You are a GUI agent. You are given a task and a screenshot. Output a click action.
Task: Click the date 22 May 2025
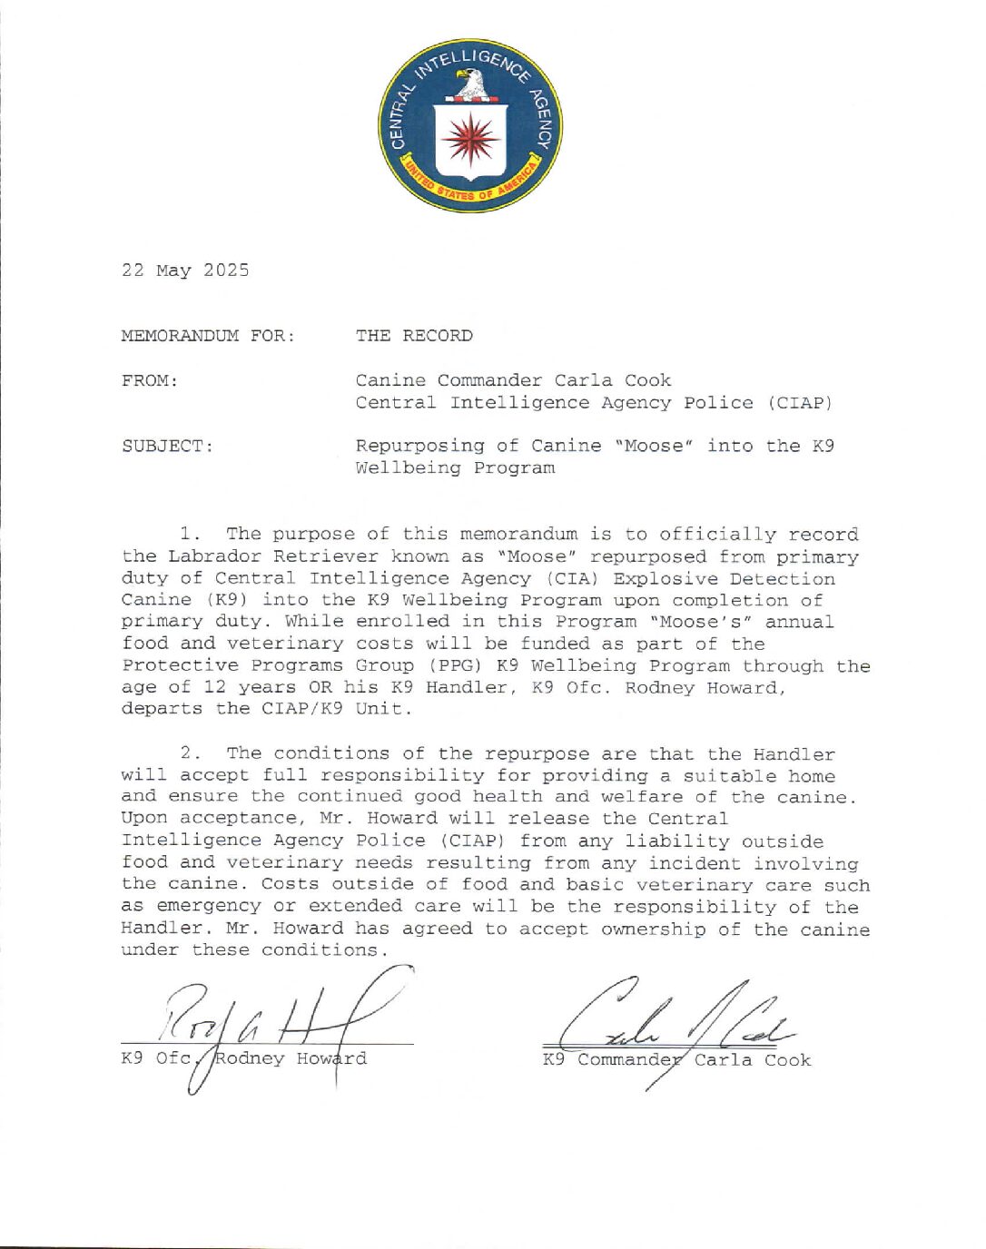(185, 270)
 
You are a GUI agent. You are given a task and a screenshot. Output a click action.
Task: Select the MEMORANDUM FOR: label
(208, 336)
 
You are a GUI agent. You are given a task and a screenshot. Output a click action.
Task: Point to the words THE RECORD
(414, 336)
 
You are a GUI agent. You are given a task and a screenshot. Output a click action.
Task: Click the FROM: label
(150, 380)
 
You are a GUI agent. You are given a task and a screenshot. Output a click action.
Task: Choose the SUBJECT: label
(168, 446)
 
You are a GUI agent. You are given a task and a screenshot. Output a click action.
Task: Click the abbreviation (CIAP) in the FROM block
(799, 402)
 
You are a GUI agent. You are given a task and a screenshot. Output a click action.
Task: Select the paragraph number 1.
(190, 535)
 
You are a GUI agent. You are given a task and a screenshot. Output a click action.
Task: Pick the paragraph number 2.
(190, 753)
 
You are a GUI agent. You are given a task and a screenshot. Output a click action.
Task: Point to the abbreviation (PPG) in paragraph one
(467, 665)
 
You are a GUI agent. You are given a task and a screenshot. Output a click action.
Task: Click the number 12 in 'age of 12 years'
(214, 687)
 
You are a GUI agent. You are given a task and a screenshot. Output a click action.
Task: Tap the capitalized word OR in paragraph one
(320, 687)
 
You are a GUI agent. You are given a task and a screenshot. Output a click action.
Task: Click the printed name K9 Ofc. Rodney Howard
(244, 1058)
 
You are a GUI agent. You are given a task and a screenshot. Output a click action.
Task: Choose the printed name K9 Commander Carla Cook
(676, 1060)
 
